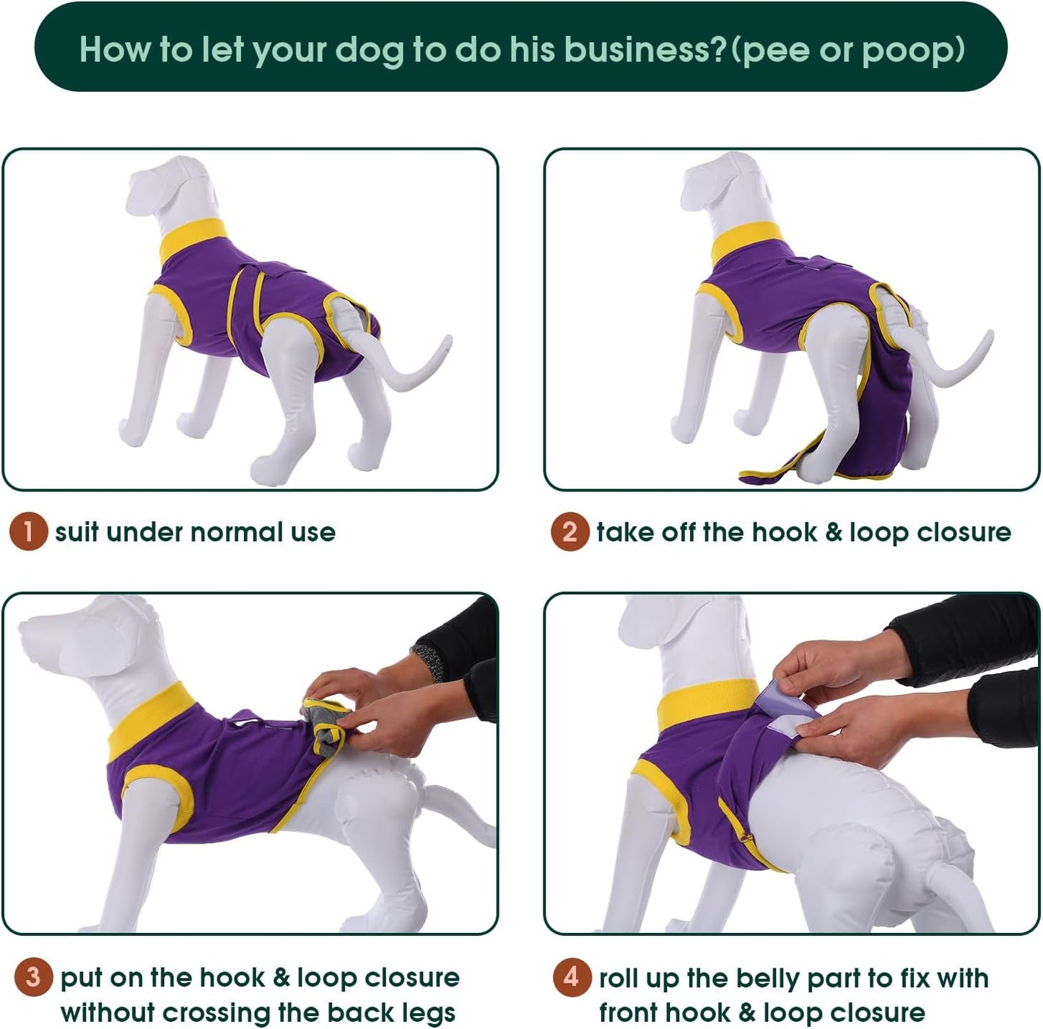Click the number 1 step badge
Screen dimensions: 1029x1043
pos(28,533)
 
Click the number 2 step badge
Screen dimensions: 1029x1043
pos(569,533)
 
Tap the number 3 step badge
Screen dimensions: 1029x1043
pos(32,978)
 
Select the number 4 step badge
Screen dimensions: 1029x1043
pos(572,978)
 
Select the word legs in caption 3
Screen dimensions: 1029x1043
pos(426,1012)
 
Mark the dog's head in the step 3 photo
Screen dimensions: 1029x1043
pos(79,635)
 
